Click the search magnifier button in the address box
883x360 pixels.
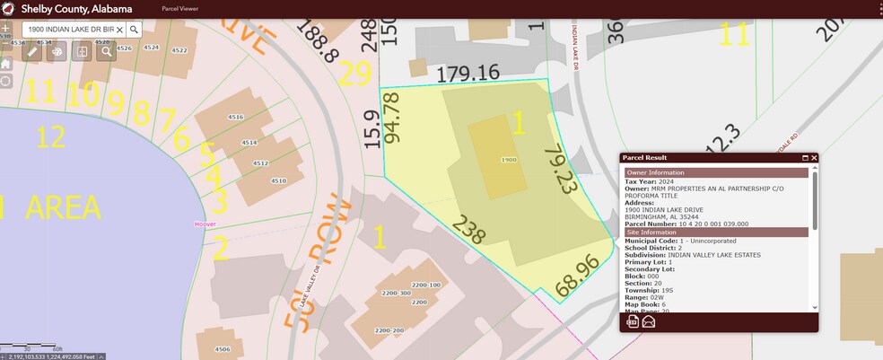133,29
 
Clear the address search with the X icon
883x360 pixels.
119,29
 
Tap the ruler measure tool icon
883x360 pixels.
32,51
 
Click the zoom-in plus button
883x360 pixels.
5,28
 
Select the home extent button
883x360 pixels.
5,64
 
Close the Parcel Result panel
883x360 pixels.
814,158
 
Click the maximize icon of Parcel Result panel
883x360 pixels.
805,158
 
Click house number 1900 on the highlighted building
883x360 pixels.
509,159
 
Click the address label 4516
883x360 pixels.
236,118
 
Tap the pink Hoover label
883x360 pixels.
205,224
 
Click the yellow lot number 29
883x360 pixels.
354,74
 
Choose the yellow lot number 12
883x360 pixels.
51,136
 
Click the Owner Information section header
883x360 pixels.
655,172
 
